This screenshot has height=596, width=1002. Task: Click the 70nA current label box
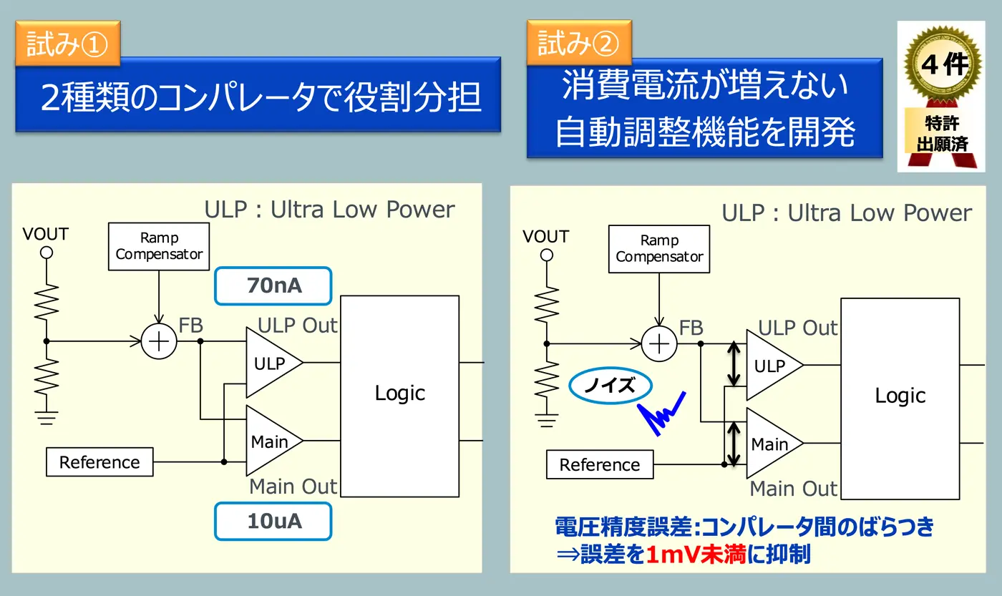pos(273,286)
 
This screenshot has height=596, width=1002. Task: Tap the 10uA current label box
pos(273,521)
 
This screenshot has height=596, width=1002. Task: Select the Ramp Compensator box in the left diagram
pos(159,246)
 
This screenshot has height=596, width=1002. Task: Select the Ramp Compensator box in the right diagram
pos(659,248)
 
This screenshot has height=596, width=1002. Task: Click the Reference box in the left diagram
pos(99,462)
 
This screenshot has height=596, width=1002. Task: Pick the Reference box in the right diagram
pos(600,465)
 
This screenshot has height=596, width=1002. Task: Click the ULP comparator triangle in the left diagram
pos(271,363)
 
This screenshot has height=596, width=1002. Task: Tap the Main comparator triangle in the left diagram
pos(271,441)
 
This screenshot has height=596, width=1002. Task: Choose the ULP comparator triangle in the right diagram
pos(771,366)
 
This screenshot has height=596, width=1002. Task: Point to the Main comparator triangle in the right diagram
pos(771,444)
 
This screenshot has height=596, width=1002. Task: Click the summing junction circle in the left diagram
pos(159,341)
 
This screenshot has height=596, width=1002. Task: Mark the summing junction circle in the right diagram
pos(659,344)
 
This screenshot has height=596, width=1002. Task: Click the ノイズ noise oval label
pos(611,386)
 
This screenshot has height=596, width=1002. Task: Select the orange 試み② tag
pos(578,44)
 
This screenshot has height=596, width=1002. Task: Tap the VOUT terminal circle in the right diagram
pos(547,255)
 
